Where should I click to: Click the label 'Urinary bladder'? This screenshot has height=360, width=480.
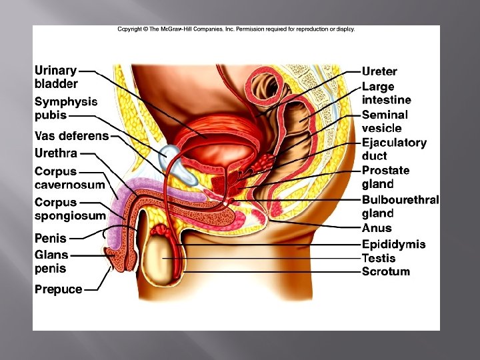[56, 77]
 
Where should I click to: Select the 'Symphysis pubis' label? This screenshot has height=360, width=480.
[65, 108]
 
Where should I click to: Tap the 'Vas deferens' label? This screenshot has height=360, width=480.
[71, 136]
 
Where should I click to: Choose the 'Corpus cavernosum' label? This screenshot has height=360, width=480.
[69, 178]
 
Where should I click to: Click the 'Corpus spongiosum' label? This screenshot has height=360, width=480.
[70, 209]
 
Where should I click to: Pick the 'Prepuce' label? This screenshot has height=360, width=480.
[59, 289]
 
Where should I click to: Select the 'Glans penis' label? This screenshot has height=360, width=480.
[51, 262]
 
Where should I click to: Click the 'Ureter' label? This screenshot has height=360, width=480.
[379, 71]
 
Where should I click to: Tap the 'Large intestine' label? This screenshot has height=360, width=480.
[386, 93]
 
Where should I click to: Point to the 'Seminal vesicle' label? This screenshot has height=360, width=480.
[385, 121]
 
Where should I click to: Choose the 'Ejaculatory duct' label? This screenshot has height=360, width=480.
[393, 149]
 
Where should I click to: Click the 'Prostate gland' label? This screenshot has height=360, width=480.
[385, 177]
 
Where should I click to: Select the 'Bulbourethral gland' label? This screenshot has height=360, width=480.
[400, 206]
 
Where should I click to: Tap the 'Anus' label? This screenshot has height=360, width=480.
[377, 228]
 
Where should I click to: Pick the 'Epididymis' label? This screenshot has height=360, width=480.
[393, 244]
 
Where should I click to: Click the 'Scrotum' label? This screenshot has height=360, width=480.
[385, 271]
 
